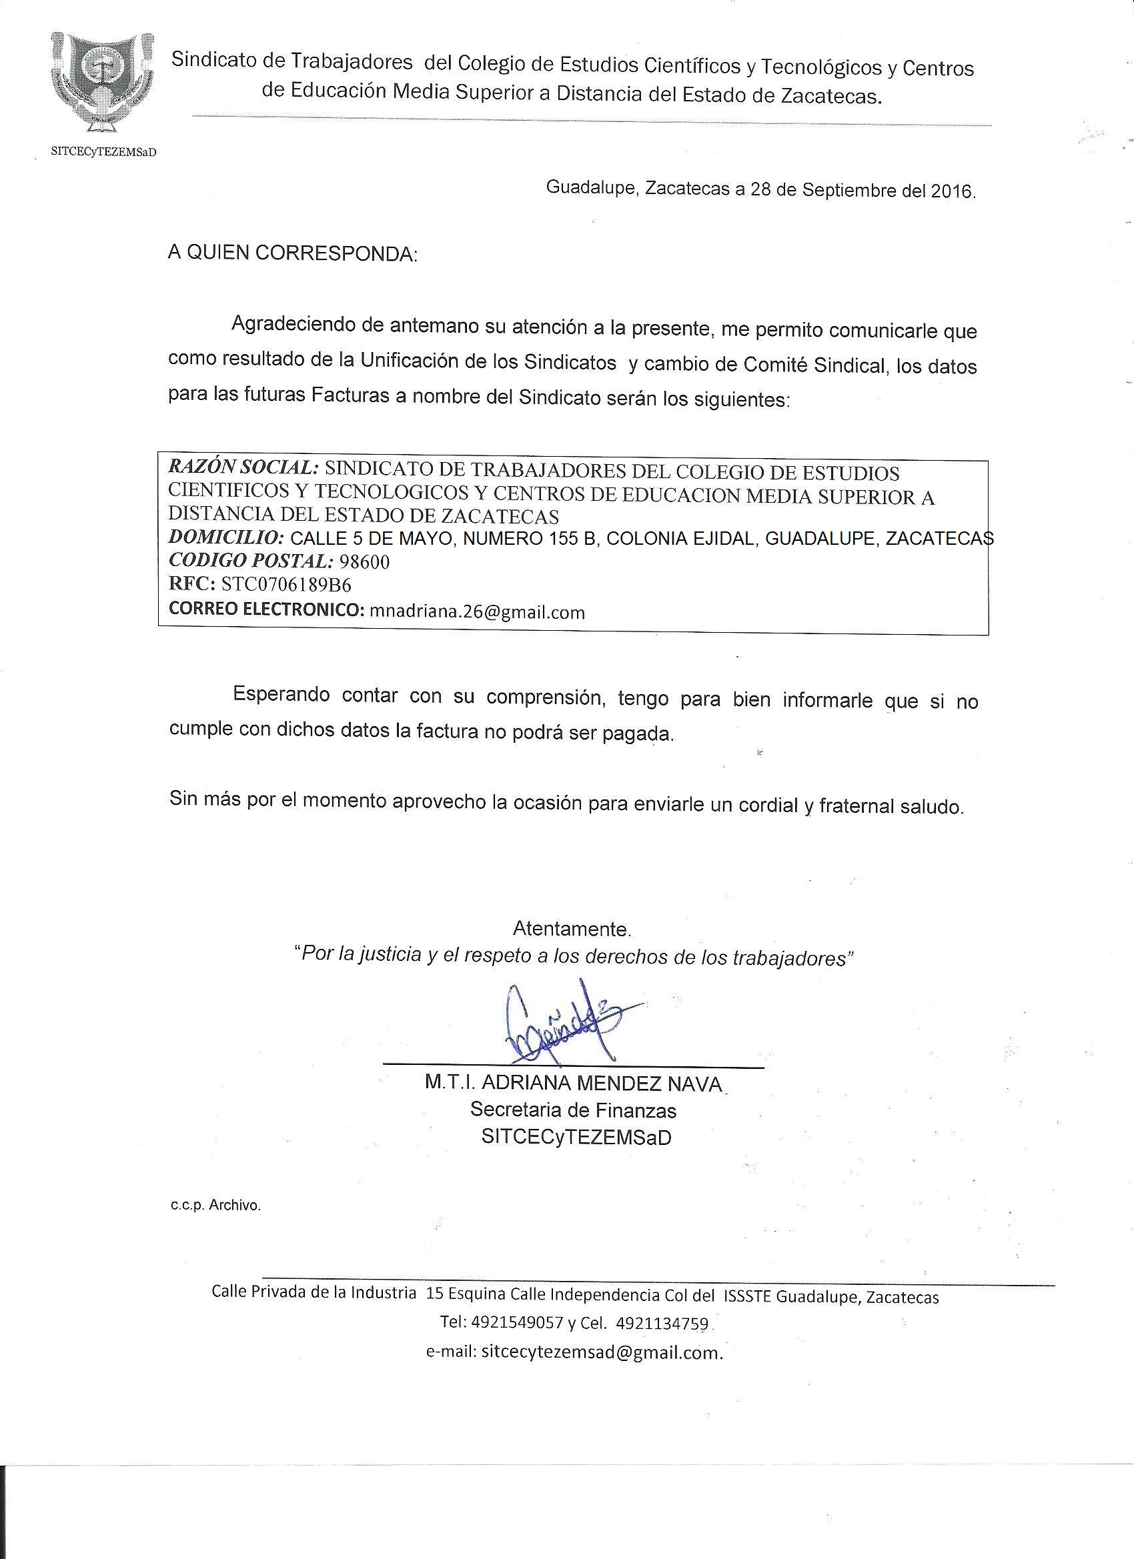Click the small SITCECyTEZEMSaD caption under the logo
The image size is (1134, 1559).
coord(104,152)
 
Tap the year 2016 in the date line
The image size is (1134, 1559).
coord(952,191)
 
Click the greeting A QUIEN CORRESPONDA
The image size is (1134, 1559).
coord(292,253)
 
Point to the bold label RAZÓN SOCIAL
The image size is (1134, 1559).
coord(243,467)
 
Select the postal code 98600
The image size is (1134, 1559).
coord(364,561)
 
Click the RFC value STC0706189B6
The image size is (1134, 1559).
coord(286,584)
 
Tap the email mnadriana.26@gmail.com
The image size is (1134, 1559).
coord(477,611)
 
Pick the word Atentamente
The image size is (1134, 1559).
coord(572,930)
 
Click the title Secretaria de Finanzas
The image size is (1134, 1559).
coord(573,1110)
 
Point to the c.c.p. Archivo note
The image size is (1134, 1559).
coord(216,1205)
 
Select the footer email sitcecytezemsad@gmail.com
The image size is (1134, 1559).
coord(601,1352)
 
